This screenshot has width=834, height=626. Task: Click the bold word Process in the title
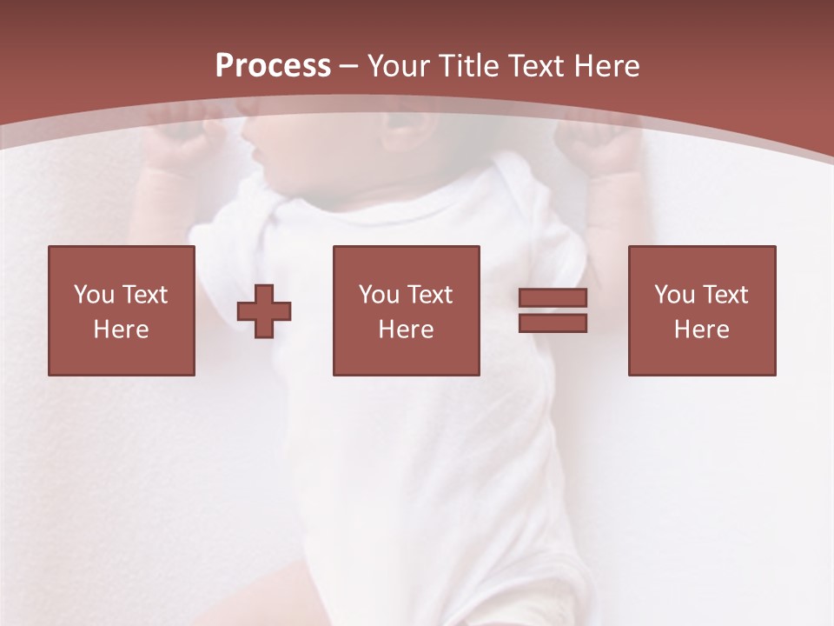click(x=273, y=66)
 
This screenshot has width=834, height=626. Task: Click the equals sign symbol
click(x=553, y=310)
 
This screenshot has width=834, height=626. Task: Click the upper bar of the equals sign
click(x=553, y=298)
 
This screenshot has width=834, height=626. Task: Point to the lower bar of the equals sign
click(x=553, y=323)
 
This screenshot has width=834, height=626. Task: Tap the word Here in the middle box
click(x=406, y=330)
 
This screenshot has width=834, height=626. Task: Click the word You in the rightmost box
click(x=674, y=295)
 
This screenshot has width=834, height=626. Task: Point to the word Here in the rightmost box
click(x=701, y=330)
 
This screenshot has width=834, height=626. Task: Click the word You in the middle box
click(x=379, y=295)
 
